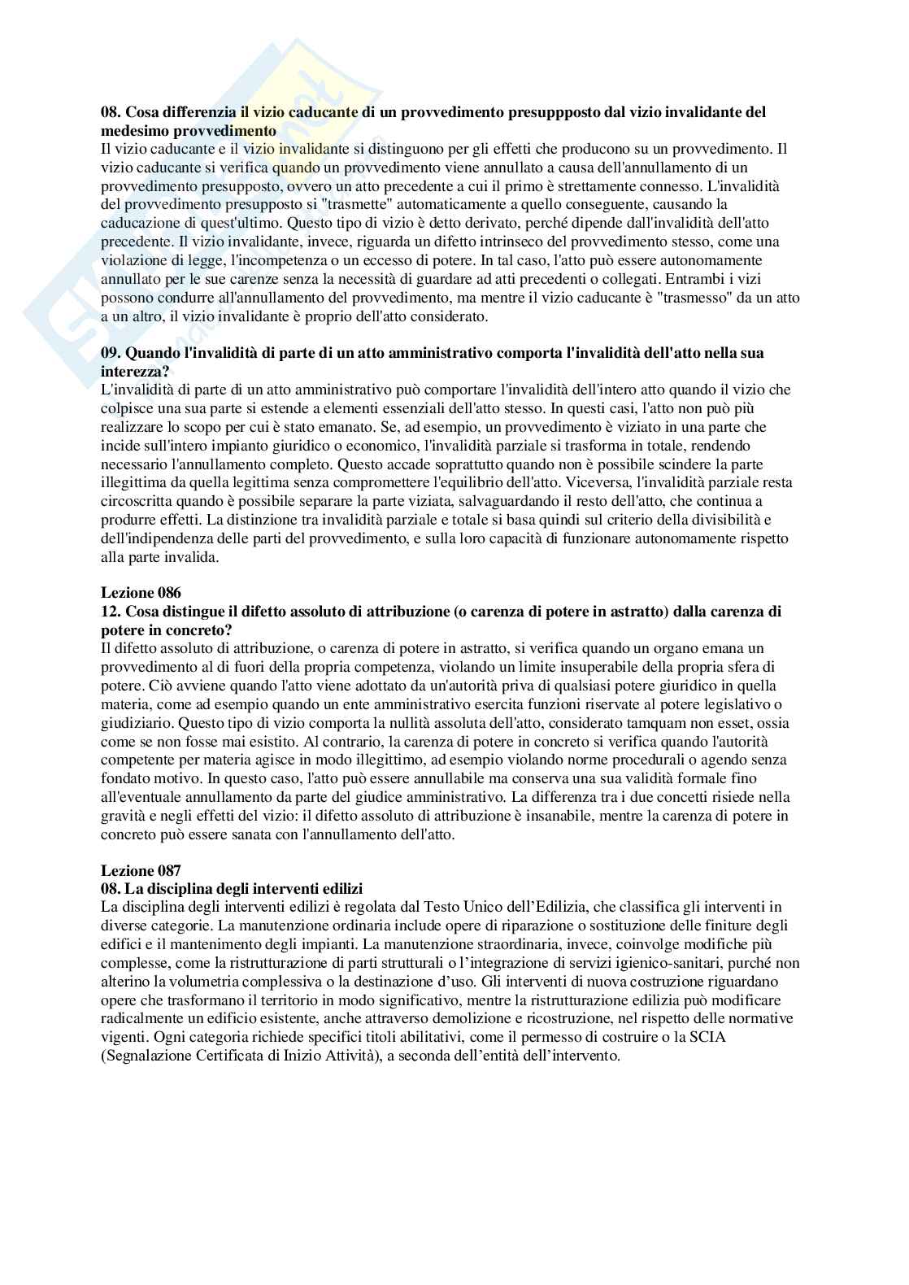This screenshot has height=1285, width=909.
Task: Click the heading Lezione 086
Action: [141, 593]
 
